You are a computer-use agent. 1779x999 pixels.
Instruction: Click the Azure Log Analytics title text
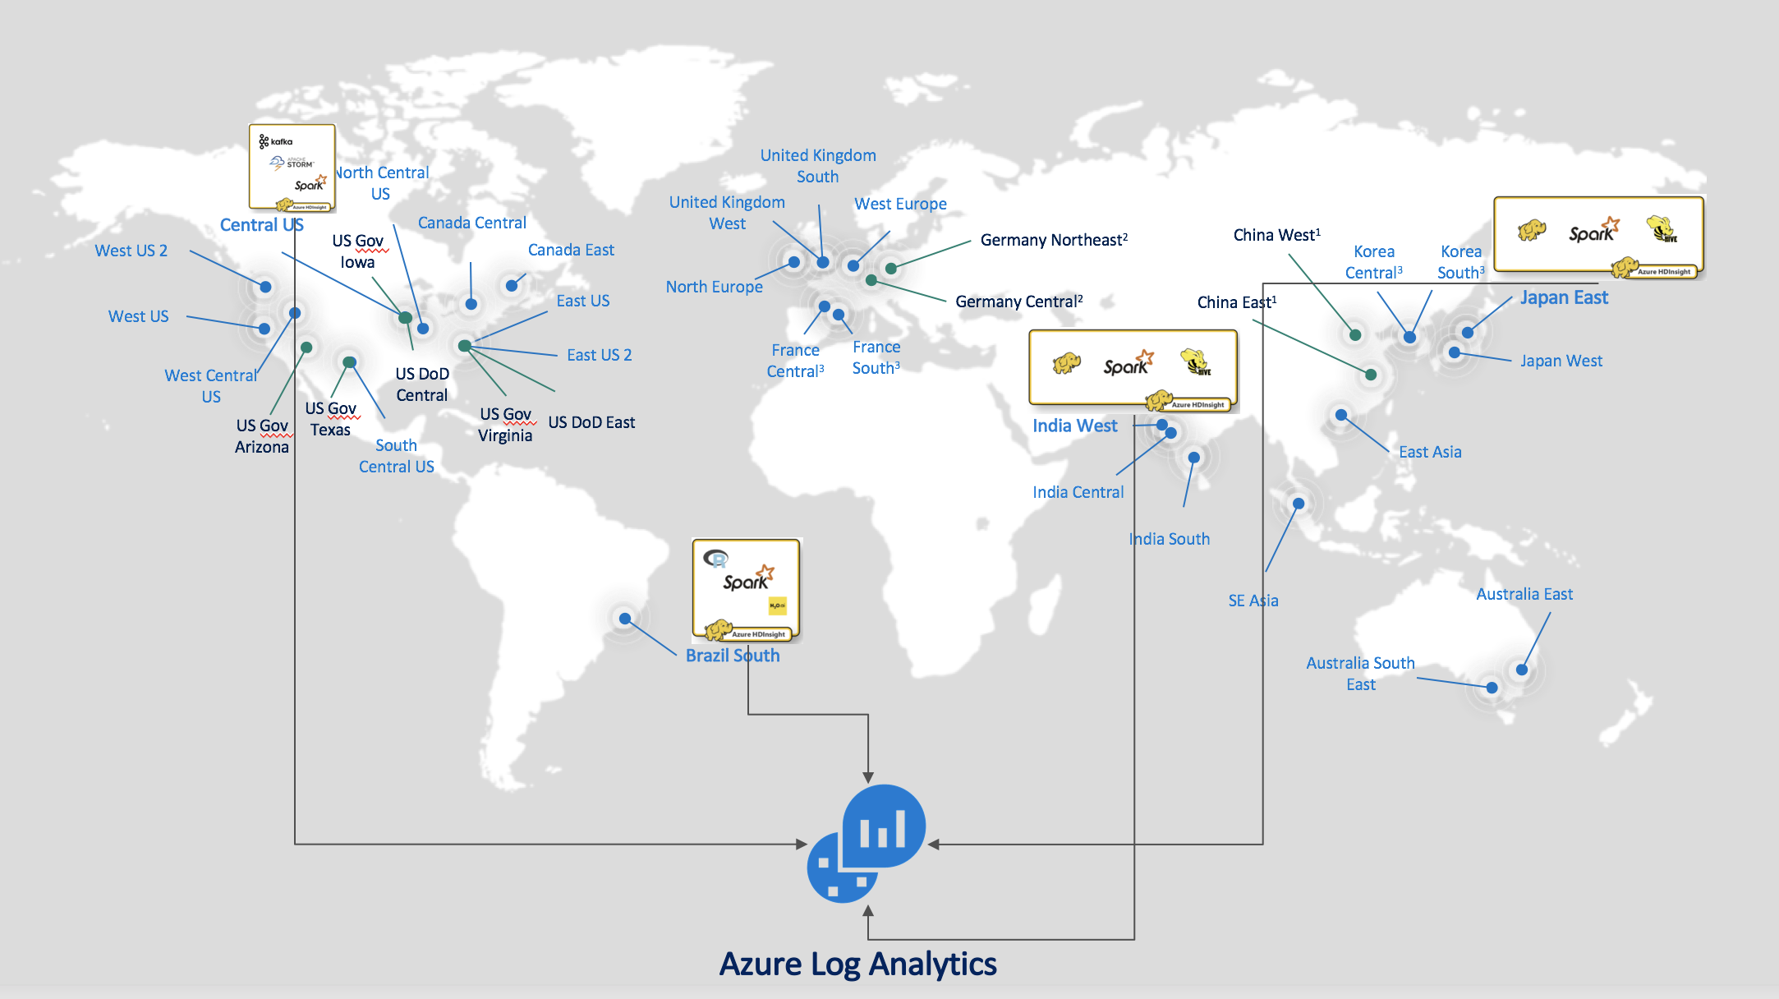(857, 964)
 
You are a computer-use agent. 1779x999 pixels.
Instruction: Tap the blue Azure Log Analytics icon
(867, 843)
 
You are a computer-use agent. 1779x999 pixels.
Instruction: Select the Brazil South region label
(733, 656)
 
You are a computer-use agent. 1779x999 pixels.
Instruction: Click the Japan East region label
(1564, 297)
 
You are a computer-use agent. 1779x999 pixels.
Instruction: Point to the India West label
(1074, 426)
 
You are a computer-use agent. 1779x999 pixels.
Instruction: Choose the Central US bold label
(261, 225)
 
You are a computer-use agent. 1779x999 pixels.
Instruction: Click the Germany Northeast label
(1054, 240)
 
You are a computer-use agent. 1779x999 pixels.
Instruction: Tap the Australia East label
(1524, 594)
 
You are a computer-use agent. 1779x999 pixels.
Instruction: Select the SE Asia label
(1253, 601)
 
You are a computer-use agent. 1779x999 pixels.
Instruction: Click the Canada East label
(571, 250)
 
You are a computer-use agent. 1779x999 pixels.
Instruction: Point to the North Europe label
(714, 287)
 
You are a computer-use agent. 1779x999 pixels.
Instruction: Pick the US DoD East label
(591, 422)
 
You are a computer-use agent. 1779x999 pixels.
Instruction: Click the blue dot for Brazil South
(625, 619)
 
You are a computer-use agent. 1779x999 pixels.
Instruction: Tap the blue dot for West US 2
(265, 287)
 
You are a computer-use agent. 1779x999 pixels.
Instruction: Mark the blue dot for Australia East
(1522, 670)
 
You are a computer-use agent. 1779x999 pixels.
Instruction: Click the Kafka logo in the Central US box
(276, 141)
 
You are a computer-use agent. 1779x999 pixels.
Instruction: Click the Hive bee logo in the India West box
(1196, 362)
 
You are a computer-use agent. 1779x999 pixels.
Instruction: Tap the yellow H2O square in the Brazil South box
(777, 605)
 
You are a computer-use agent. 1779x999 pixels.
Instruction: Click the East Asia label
(1430, 452)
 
